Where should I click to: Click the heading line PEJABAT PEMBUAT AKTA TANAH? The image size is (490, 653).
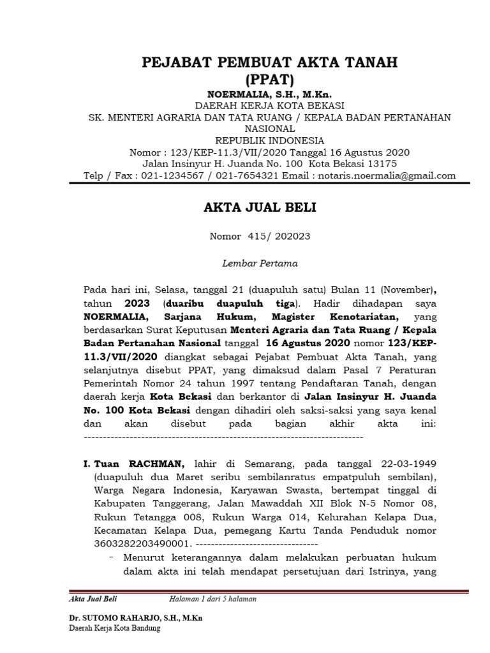(x=269, y=62)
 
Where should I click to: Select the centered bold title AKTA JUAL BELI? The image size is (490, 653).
(x=260, y=208)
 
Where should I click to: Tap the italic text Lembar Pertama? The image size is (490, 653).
(x=260, y=262)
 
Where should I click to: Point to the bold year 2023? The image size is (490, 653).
(x=137, y=304)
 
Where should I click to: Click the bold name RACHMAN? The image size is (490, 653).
(x=156, y=462)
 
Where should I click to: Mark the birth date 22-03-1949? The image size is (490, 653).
(x=405, y=462)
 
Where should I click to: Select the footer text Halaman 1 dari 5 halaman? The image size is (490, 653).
(x=212, y=599)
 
